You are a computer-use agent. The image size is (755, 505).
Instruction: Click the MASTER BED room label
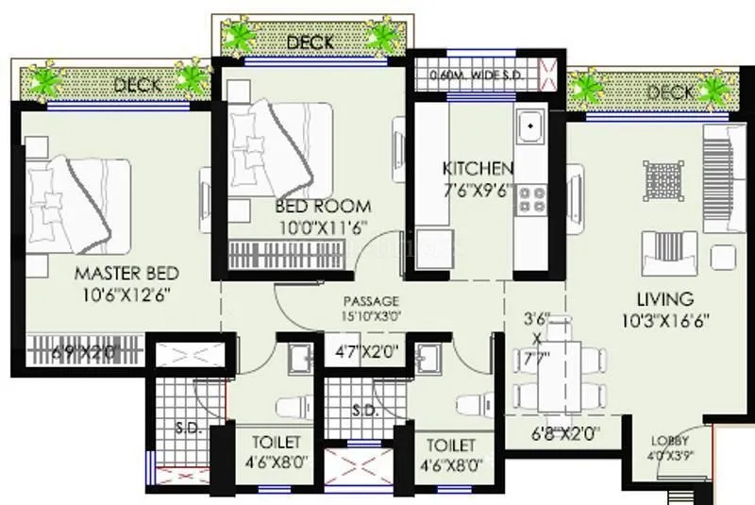click(126, 274)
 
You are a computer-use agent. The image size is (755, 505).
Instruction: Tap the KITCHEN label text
click(478, 169)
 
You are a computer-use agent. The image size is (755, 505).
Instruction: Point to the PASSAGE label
click(369, 300)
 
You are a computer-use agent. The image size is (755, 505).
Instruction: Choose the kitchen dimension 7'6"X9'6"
click(478, 187)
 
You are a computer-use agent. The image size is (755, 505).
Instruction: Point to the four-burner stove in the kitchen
click(530, 197)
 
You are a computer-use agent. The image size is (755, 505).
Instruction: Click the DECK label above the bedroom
click(310, 42)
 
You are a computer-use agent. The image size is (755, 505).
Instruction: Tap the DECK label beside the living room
click(670, 93)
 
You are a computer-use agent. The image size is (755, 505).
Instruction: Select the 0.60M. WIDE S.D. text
click(472, 75)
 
